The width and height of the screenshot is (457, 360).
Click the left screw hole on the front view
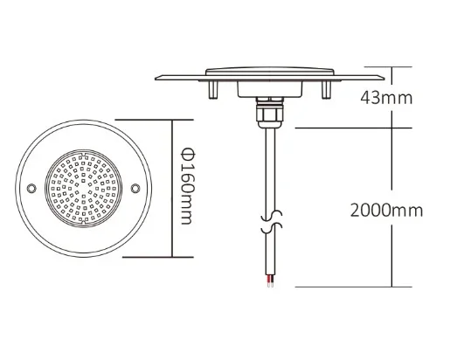32,188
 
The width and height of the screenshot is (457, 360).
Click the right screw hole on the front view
135,188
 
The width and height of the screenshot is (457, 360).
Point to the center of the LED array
84,188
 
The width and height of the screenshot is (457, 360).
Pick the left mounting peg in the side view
211,88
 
